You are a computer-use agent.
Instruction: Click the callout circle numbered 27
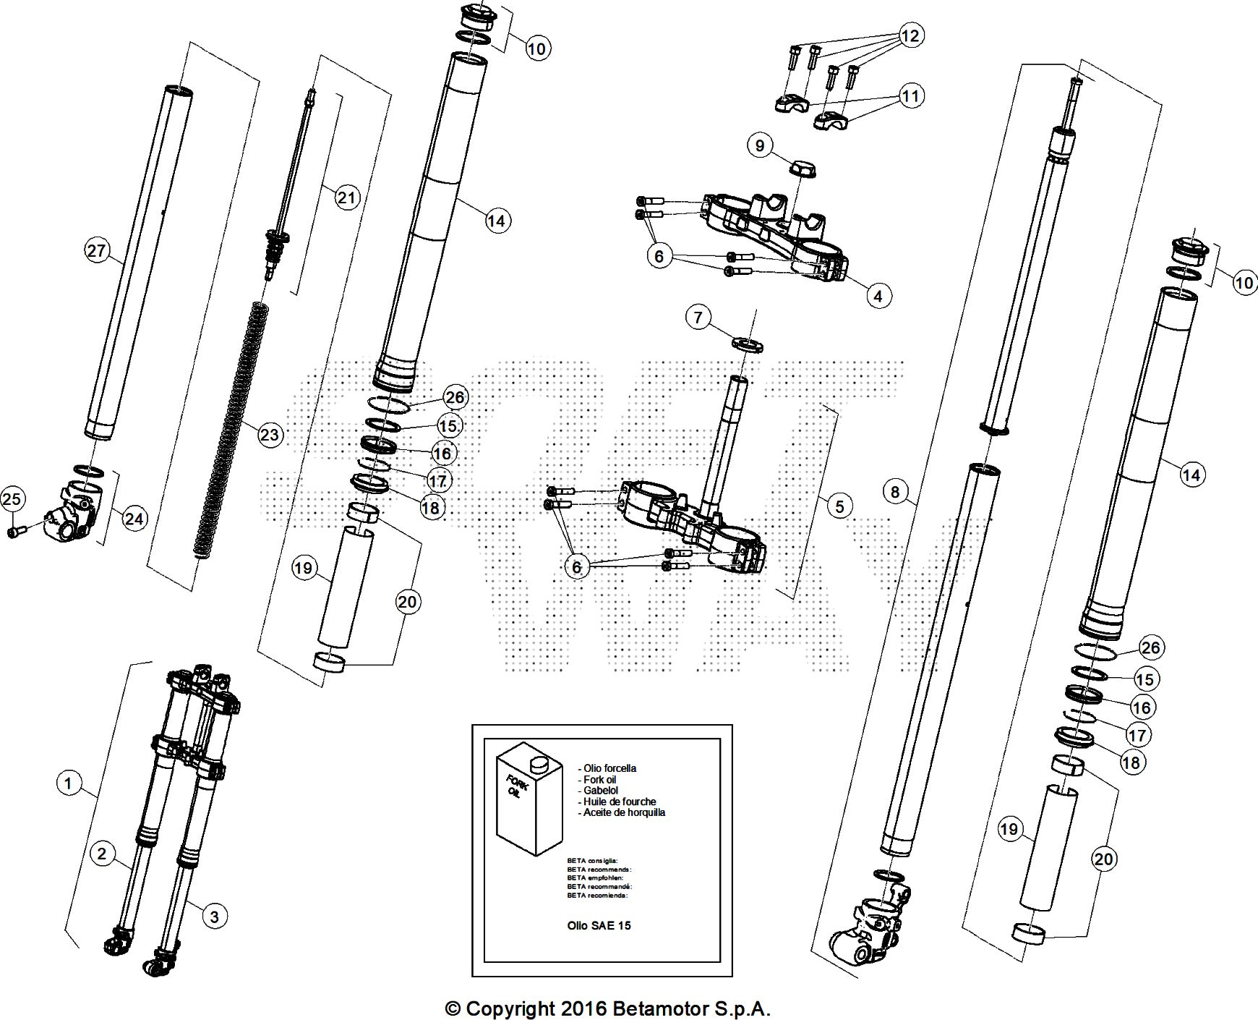click(x=96, y=251)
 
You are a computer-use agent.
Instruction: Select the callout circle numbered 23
click(x=269, y=435)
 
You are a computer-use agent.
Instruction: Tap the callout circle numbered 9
click(x=759, y=146)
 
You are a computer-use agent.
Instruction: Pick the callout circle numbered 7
click(x=698, y=317)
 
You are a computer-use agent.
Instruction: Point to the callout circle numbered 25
click(x=12, y=498)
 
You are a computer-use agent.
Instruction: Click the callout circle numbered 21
click(x=347, y=197)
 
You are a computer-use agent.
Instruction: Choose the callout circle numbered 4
click(x=878, y=295)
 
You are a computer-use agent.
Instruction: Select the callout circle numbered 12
click(x=911, y=35)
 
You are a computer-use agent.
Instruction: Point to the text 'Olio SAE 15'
click(x=599, y=925)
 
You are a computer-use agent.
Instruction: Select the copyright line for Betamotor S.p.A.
click(x=607, y=1008)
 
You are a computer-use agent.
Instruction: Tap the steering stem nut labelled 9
click(x=803, y=170)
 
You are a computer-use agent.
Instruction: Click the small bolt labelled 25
click(x=15, y=532)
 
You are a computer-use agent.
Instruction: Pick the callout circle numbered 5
click(x=839, y=505)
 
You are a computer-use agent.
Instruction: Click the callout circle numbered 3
click(x=214, y=917)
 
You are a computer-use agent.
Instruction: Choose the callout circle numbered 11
click(x=912, y=95)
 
